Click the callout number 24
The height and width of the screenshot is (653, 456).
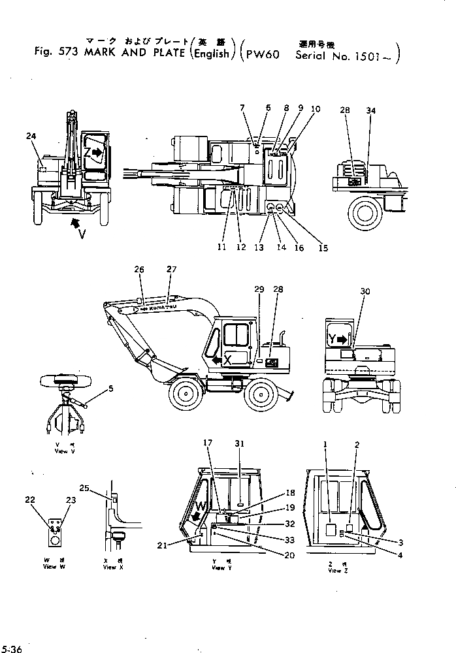(x=31, y=135)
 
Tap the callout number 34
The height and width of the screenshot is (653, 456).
(x=371, y=111)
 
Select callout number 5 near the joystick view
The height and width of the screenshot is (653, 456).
(x=111, y=389)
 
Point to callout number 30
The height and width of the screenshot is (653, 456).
(x=365, y=292)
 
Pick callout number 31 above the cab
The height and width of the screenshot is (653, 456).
(x=240, y=443)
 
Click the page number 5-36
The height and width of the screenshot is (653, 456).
(x=13, y=648)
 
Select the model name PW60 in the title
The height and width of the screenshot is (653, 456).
(x=263, y=55)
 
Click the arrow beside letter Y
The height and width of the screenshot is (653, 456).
(x=345, y=340)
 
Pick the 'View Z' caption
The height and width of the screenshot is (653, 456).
(x=334, y=571)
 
